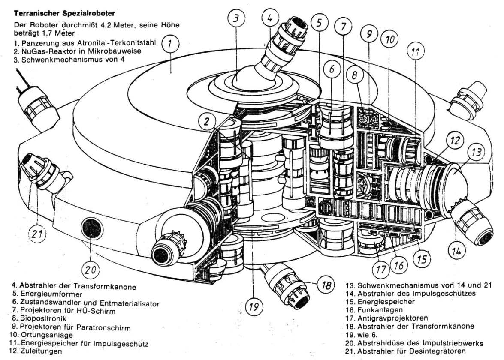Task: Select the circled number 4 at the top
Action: (269, 18)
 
